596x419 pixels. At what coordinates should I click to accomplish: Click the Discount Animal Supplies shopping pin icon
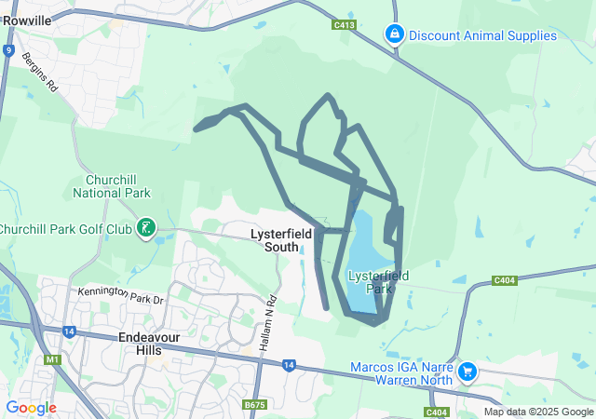tap(394, 34)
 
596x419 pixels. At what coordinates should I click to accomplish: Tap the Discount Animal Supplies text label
tap(482, 36)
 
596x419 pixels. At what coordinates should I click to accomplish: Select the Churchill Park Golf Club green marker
tap(145, 227)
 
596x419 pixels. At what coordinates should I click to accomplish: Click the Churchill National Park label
tap(111, 186)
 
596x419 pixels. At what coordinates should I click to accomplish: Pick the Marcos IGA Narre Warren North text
tap(401, 373)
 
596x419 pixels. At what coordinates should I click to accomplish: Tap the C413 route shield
tap(344, 25)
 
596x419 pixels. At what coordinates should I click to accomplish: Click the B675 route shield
tap(254, 405)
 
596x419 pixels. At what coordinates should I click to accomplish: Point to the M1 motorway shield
tap(49, 358)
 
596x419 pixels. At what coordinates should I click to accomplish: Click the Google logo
tap(31, 408)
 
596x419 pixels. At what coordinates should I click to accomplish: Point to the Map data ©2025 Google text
tap(537, 412)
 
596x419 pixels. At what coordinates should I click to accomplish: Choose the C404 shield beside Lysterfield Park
tap(504, 279)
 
